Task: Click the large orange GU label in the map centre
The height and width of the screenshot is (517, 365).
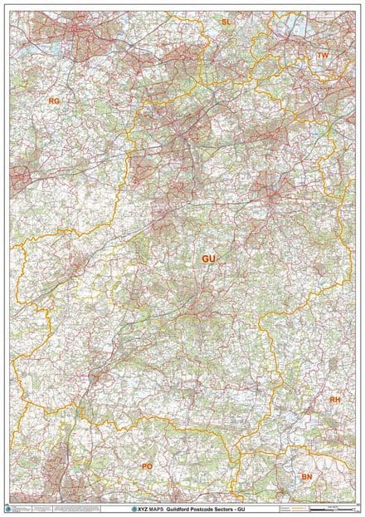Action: [x=208, y=259]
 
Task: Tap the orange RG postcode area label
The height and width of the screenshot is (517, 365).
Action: [x=55, y=101]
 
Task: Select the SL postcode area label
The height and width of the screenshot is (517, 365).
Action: [x=226, y=20]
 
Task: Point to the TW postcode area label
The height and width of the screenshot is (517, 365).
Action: [x=324, y=56]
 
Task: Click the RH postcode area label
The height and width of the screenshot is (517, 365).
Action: [x=335, y=400]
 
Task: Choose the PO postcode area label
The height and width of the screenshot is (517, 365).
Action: [x=148, y=466]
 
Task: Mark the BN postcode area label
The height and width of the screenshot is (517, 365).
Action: [x=307, y=477]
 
